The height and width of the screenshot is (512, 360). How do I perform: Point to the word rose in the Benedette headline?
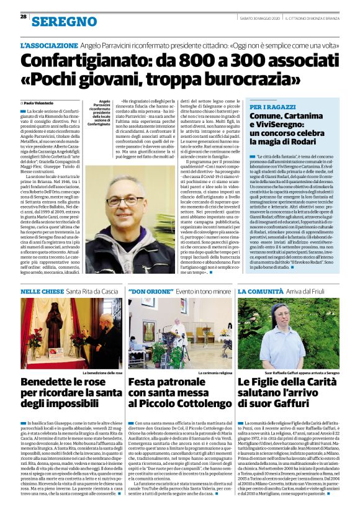tap(91, 380)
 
